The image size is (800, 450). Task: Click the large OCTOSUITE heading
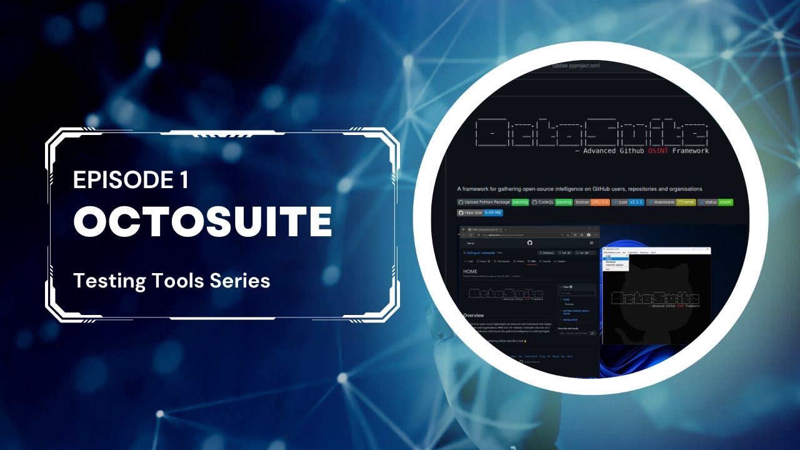(202, 221)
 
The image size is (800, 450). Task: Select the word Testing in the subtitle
(110, 281)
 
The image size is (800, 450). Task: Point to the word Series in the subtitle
(240, 281)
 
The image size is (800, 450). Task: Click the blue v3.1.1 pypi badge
(636, 202)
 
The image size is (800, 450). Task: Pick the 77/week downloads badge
(686, 202)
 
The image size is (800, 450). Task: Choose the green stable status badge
(725, 202)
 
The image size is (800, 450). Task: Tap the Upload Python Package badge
(493, 202)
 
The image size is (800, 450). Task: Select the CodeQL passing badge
(552, 202)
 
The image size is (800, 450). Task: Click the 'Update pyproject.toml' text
(576, 66)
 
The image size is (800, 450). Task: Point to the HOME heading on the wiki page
(471, 272)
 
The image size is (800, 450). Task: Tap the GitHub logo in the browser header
(530, 242)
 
